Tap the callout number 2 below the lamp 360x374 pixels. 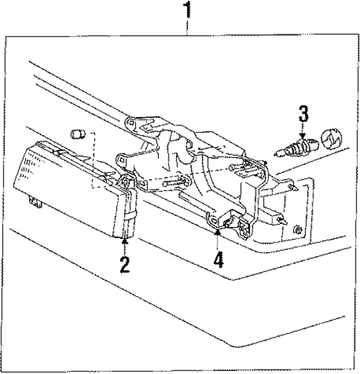125,263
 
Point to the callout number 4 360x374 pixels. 217,260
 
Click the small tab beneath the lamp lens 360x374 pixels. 34,202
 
